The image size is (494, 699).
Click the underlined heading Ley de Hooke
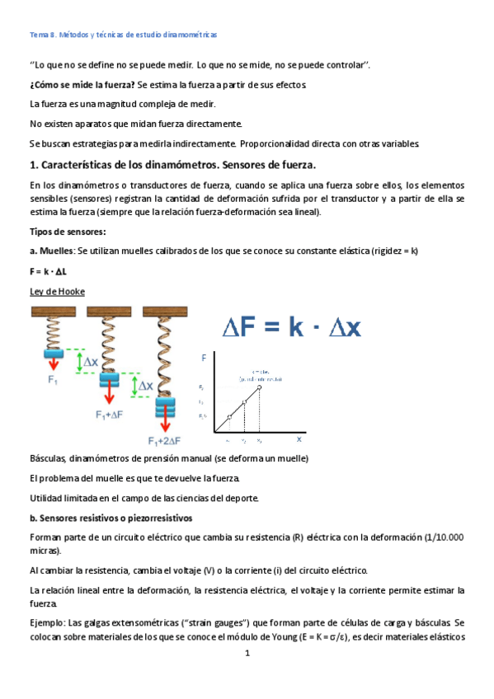(56, 291)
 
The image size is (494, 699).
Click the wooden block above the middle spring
(108, 311)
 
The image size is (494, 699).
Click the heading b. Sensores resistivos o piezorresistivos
(110, 518)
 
